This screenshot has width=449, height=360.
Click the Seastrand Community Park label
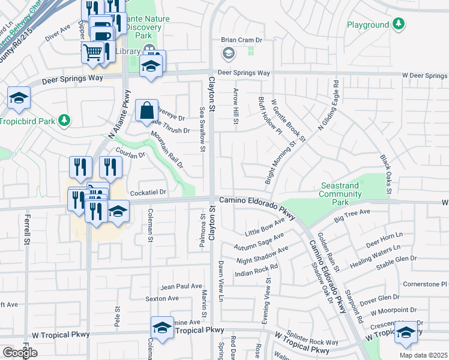340,190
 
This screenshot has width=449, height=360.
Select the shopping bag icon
146,110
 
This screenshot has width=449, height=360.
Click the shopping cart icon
93,52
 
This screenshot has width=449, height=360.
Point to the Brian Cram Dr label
243,40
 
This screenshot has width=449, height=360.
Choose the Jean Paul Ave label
181,286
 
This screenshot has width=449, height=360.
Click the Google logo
20,353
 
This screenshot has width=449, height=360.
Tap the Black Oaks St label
385,174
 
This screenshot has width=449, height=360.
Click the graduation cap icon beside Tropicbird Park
19,98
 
